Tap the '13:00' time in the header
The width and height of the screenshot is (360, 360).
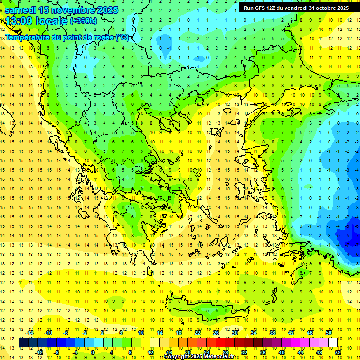[x=19, y=21]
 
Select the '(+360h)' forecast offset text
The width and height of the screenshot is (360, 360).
[x=83, y=21]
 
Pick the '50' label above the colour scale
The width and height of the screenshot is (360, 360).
[x=328, y=333]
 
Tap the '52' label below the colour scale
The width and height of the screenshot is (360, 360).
[x=338, y=352]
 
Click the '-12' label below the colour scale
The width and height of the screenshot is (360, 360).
[x=39, y=352]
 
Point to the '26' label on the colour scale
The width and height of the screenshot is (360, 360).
[x=216, y=333]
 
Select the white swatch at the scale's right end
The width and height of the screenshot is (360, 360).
[x=333, y=343]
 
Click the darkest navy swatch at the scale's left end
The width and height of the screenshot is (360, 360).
[x=24, y=343]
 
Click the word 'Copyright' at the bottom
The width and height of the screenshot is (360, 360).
[x=178, y=357]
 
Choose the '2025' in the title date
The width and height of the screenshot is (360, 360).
[x=106, y=10]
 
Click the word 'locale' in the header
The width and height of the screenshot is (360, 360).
[x=52, y=21]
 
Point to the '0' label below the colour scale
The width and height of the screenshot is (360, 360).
[x=93, y=352]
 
